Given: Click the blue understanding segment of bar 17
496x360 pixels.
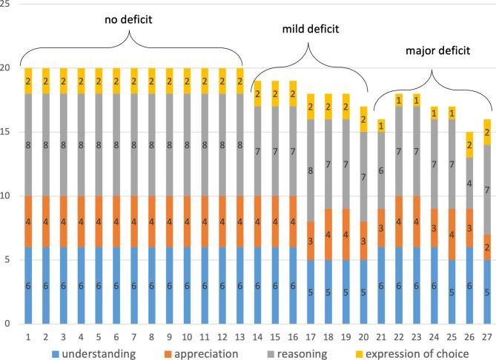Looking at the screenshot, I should pyautogui.click(x=310, y=292).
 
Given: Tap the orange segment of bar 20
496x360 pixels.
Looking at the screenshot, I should pyautogui.click(x=362, y=240).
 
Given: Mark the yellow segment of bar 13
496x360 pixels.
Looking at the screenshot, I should pyautogui.click(x=240, y=80).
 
